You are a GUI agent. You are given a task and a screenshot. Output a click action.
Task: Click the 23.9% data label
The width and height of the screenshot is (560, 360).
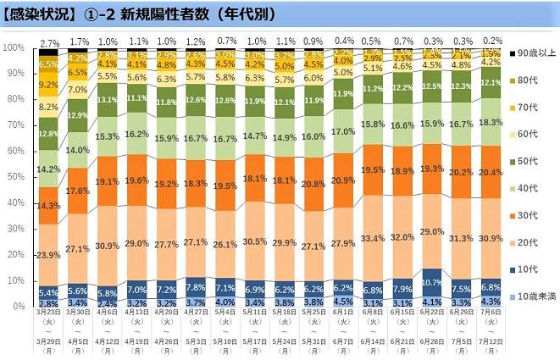[49, 253]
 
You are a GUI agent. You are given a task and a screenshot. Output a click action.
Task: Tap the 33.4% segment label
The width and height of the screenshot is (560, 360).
[373, 238]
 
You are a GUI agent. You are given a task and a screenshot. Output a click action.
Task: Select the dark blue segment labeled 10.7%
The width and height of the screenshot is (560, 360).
[435, 281]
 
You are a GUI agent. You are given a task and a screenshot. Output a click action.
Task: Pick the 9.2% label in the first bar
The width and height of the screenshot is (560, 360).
[49, 85]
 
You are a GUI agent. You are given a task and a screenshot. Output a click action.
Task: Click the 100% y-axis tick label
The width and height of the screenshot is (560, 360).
[14, 47]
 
